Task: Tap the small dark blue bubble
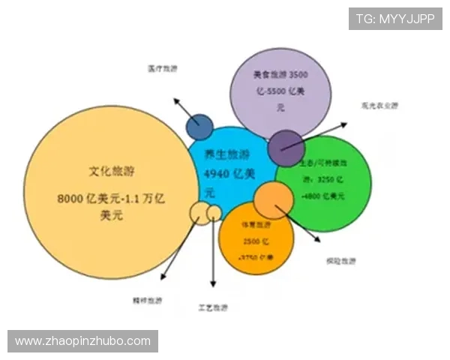pyautogui.click(x=199, y=127)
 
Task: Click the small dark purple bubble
pyautogui.click(x=286, y=147)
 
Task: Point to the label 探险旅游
pyautogui.click(x=340, y=261)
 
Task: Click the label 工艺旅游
pyautogui.click(x=214, y=307)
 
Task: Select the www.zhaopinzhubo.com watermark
pyautogui.click(x=82, y=341)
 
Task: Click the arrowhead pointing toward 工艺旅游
pyautogui.click(x=214, y=283)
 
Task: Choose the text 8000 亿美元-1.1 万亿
pyautogui.click(x=112, y=199)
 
